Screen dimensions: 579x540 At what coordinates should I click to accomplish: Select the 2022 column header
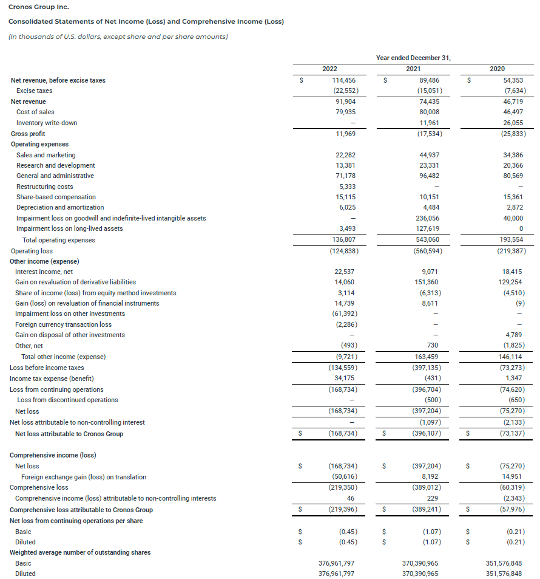[330, 69]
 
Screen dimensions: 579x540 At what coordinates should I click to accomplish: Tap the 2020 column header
[496, 69]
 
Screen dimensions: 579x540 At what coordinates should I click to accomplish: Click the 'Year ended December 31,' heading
[413, 58]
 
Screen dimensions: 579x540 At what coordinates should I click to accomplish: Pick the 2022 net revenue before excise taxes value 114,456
[344, 80]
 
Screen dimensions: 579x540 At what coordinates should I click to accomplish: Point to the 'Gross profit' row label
[28, 134]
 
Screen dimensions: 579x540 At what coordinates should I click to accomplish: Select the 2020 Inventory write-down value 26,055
[513, 123]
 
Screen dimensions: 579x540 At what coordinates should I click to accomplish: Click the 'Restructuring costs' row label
[45, 187]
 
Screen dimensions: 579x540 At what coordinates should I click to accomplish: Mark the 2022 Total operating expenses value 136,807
[344, 240]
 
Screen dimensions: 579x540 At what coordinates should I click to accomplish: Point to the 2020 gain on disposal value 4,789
[515, 335]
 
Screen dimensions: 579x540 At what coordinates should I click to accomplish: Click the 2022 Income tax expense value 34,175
[346, 379]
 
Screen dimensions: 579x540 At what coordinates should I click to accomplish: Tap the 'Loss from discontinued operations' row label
[67, 400]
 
